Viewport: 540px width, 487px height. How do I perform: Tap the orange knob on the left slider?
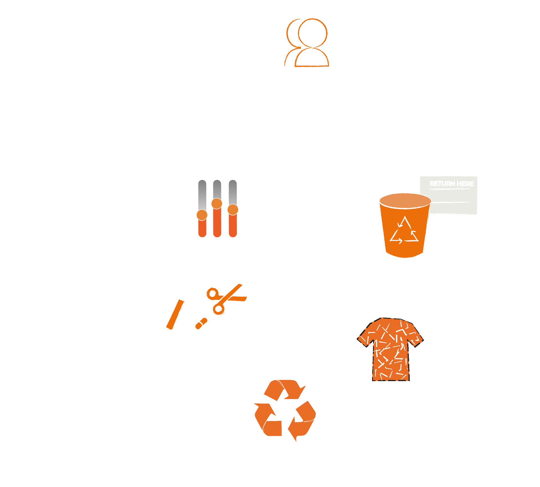tap(202, 215)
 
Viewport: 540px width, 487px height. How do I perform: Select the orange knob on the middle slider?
tap(217, 203)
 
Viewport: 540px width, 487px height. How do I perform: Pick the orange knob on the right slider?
tap(233, 210)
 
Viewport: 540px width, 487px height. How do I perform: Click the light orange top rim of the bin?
tap(405, 201)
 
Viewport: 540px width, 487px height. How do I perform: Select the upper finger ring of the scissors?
tap(213, 293)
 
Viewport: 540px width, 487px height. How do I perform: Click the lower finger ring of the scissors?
tap(219, 309)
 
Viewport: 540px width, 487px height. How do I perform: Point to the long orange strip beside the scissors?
tap(175, 314)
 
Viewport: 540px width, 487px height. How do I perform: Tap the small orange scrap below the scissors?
tap(201, 323)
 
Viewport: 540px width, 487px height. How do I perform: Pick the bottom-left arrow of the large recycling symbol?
tap(268, 420)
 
